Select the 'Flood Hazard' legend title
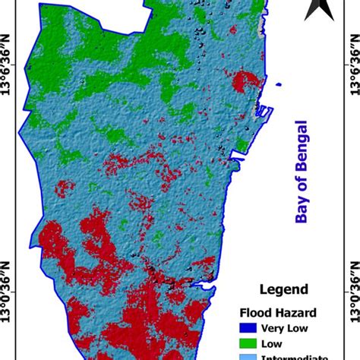coord(279,311)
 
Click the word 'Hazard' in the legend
coord(297,311)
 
